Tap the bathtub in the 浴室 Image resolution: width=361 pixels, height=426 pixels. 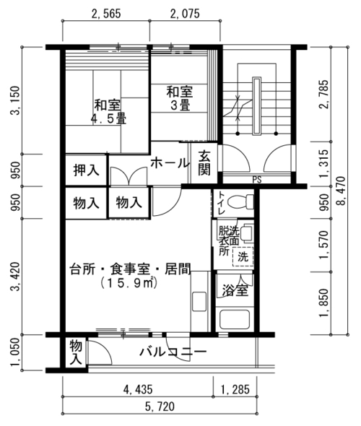pyautogui.click(x=235, y=319)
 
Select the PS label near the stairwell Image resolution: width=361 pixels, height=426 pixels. pyautogui.click(x=257, y=180)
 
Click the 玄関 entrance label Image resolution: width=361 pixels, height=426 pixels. pyautogui.click(x=204, y=162)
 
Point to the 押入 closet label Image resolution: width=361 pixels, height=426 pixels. pyautogui.click(x=86, y=170)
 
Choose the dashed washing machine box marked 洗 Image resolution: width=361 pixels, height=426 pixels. pyautogui.click(x=243, y=256)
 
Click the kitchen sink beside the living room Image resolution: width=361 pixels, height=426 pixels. pyautogui.click(x=199, y=301)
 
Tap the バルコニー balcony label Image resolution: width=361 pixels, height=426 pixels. pyautogui.click(x=173, y=352)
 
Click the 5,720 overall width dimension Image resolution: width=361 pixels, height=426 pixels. pyautogui.click(x=160, y=407)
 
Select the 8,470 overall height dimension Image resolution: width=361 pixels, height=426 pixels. pyautogui.click(x=342, y=191)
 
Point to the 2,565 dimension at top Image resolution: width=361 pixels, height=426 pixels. pyautogui.click(x=106, y=14)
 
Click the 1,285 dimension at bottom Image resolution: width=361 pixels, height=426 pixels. pyautogui.click(x=235, y=390)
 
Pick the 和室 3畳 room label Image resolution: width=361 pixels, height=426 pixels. pyautogui.click(x=180, y=98)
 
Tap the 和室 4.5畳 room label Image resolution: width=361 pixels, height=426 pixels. pyautogui.click(x=108, y=112)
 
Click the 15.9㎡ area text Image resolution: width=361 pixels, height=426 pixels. pyautogui.click(x=129, y=283)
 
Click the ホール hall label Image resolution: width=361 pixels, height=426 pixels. pyautogui.click(x=170, y=163)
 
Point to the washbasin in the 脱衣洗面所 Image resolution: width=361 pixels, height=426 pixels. pyautogui.click(x=247, y=232)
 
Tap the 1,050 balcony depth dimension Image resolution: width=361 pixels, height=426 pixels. pyautogui.click(x=15, y=352)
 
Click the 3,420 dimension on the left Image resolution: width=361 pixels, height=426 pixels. pyautogui.click(x=15, y=277)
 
